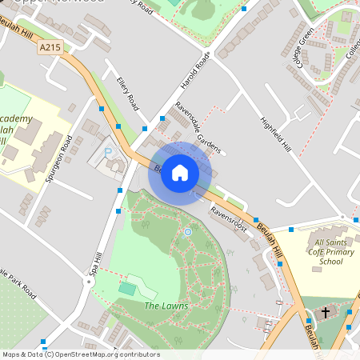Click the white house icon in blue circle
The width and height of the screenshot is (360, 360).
pyautogui.click(x=180, y=173)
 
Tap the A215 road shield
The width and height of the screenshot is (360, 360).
pyautogui.click(x=48, y=48)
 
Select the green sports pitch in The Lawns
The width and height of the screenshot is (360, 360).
pyautogui.click(x=128, y=286)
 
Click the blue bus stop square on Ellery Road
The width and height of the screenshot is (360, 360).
pyautogui.click(x=119, y=126)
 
